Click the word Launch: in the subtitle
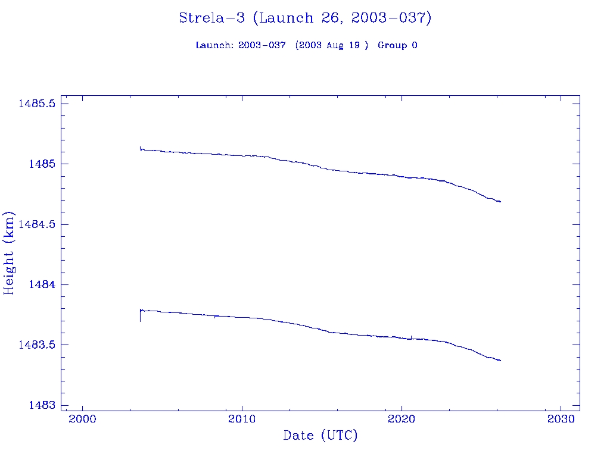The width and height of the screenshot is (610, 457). pyautogui.click(x=215, y=45)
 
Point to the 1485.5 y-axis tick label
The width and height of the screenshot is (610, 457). pyautogui.click(x=37, y=104)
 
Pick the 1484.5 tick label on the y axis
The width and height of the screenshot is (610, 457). pyautogui.click(x=37, y=224)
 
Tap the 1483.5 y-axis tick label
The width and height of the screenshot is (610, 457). pyautogui.click(x=37, y=345)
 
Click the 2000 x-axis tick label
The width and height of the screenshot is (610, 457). pyautogui.click(x=82, y=419)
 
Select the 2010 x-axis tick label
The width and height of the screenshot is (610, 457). pyautogui.click(x=242, y=419)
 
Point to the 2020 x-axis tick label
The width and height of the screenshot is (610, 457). pyautogui.click(x=402, y=419)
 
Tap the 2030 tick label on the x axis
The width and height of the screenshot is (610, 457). pyautogui.click(x=561, y=419)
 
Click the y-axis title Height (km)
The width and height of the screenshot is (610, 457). pyautogui.click(x=10, y=252)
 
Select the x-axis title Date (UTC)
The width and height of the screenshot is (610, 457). pyautogui.click(x=320, y=436)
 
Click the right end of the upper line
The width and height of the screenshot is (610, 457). pyautogui.click(x=500, y=202)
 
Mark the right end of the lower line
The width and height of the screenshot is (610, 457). pyautogui.click(x=500, y=361)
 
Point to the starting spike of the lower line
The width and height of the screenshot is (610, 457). pyautogui.click(x=140, y=316)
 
